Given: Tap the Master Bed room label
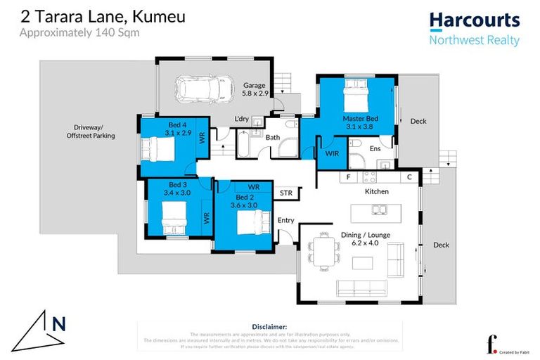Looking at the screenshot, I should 360,119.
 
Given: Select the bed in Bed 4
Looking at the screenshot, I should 158,149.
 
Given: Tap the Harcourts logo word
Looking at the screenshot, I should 475,20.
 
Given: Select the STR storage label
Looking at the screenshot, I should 286,192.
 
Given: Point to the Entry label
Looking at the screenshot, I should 286,220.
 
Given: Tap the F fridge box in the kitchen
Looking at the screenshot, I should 348,177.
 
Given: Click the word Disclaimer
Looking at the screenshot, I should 269,327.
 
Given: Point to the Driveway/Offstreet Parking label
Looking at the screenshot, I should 90,131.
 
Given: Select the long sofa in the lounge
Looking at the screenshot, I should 363,287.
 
